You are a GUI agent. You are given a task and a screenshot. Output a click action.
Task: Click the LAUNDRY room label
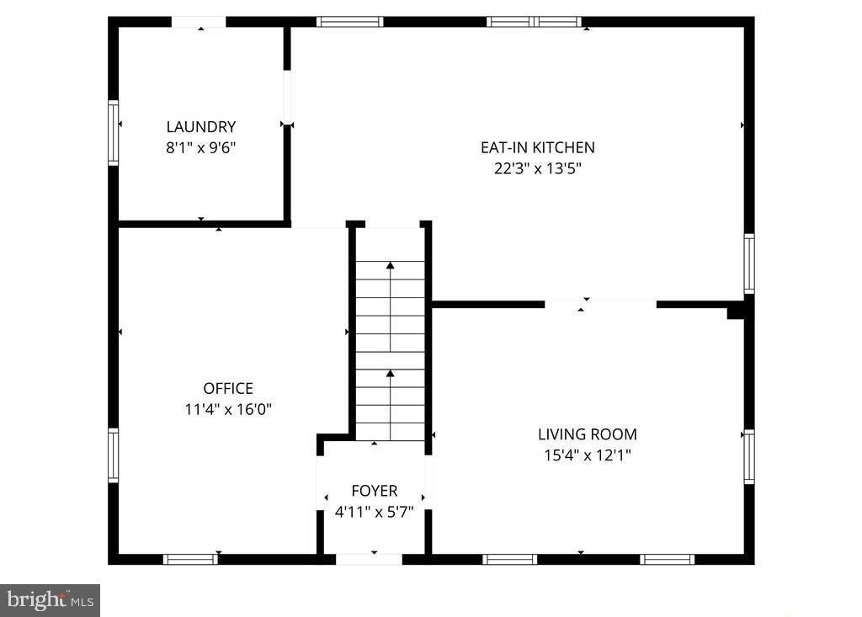[x=201, y=127]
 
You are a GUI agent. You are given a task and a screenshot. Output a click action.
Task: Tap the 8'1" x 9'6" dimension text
[x=201, y=148]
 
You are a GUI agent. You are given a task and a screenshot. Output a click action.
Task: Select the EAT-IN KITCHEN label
[x=538, y=147]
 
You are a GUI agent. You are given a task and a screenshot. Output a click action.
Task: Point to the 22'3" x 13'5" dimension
[x=538, y=168]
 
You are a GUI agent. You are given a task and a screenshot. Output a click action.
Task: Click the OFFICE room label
[x=228, y=389]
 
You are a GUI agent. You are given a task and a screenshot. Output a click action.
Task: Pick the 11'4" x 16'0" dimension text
[x=228, y=410]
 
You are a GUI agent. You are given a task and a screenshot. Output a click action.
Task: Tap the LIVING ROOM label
[x=588, y=434]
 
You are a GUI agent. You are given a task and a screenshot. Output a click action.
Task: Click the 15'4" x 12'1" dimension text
[x=588, y=455]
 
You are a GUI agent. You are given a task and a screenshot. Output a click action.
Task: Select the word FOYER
[x=375, y=491]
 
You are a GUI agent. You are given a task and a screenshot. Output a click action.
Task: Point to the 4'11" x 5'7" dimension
[x=375, y=512]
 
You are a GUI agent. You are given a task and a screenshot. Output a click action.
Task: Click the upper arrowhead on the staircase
[x=391, y=265]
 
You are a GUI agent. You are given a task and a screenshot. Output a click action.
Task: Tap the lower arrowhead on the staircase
[x=391, y=374]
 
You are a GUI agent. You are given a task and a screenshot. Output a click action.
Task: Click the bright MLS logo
[x=50, y=600]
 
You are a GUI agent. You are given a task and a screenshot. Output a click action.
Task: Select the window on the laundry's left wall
[x=114, y=132]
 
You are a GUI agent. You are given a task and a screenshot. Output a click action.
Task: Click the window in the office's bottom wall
[x=191, y=559]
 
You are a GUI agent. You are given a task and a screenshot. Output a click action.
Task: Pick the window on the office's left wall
[x=114, y=455]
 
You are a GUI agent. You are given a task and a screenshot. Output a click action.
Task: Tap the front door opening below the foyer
[x=369, y=559]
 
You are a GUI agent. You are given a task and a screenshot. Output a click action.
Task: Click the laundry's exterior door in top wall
[x=199, y=22]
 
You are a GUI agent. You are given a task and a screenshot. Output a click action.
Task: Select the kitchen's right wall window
[x=749, y=263]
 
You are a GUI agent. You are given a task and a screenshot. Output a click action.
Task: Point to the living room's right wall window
[x=749, y=456]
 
